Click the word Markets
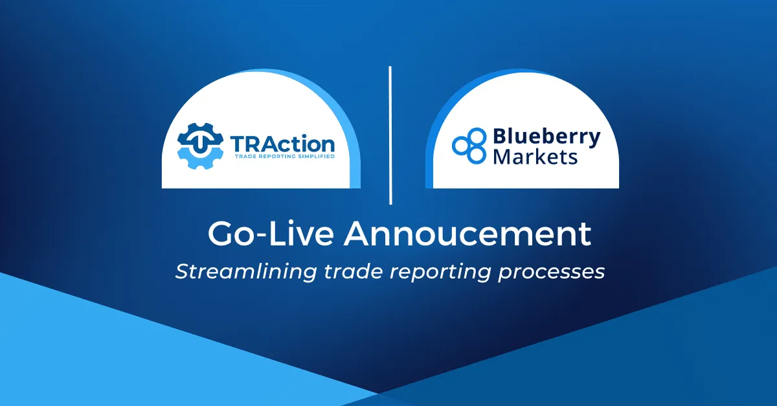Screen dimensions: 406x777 [x=535, y=157]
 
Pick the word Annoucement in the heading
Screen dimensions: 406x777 [x=467, y=234]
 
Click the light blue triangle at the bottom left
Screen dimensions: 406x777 [x=97, y=350]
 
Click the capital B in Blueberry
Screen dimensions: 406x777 [x=500, y=136]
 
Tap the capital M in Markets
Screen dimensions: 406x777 [x=502, y=157]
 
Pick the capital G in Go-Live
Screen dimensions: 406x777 [x=220, y=234]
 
